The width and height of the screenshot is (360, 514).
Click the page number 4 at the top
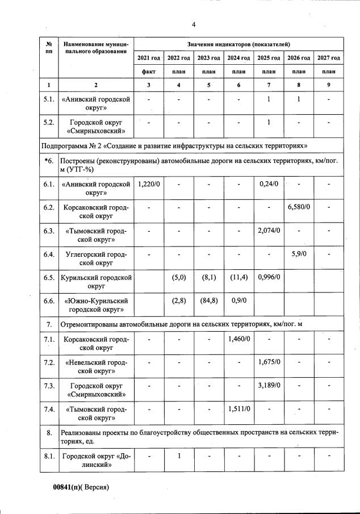click(x=193, y=24)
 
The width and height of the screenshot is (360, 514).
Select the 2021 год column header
click(x=149, y=58)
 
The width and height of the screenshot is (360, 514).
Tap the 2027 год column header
click(x=328, y=58)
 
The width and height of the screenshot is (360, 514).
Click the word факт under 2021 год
click(x=149, y=72)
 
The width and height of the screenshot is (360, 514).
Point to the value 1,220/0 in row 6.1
click(x=149, y=184)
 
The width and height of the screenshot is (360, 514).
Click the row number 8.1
click(x=49, y=456)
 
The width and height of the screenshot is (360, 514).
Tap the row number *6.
click(x=49, y=161)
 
